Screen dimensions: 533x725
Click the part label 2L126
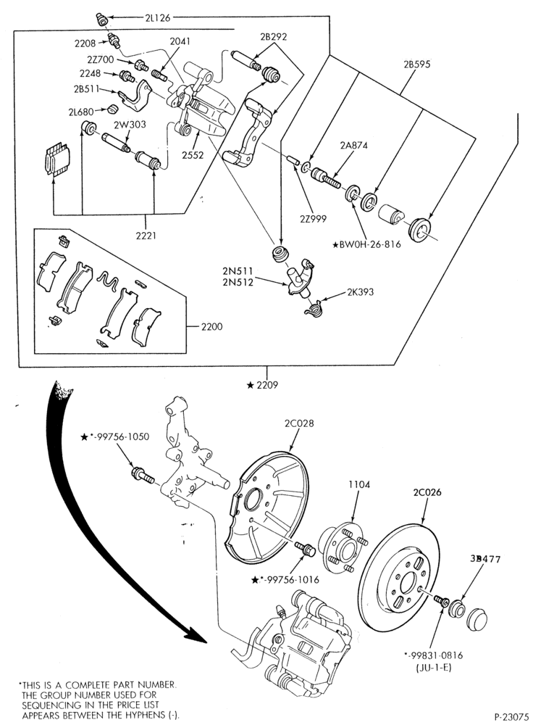point(157,18)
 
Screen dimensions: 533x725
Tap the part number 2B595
point(416,65)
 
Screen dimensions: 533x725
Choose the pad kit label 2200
point(211,326)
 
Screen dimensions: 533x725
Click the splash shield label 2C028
point(299,423)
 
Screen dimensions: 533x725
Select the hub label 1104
point(359,484)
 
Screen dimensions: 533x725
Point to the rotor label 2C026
point(427,492)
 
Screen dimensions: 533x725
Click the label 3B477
point(485,558)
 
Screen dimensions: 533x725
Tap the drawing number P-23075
point(511,717)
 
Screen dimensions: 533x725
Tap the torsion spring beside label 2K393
point(313,307)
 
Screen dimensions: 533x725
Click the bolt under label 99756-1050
point(142,475)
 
